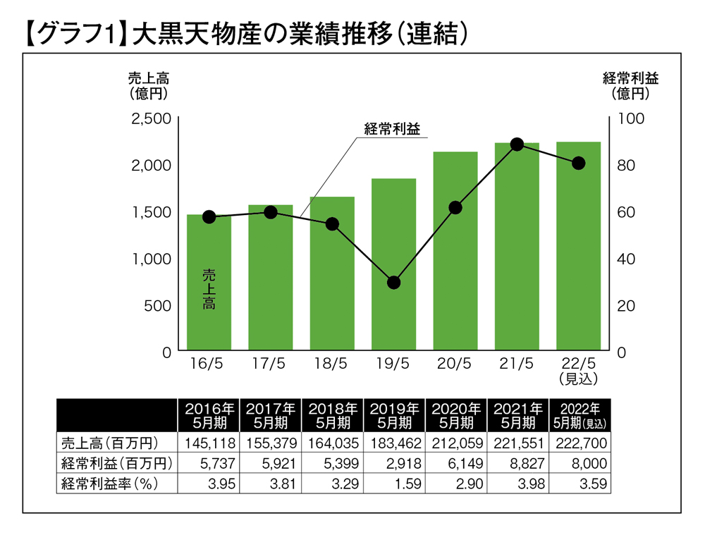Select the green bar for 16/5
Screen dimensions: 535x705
tap(209, 282)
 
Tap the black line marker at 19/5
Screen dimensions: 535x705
tap(393, 283)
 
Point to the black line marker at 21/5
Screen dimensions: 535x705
tap(517, 144)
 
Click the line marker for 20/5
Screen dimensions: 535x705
tap(455, 207)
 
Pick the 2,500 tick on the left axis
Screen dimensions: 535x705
tap(151, 118)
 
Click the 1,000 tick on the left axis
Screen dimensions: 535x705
tap(151, 259)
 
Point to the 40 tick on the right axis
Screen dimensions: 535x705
tap(627, 259)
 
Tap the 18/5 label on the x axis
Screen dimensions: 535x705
tap(331, 364)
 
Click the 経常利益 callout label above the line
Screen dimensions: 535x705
tap(391, 129)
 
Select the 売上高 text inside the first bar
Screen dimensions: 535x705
tap(209, 289)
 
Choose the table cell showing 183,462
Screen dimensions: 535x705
tap(393, 443)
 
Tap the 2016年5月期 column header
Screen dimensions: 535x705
tap(209, 415)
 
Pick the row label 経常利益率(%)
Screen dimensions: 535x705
tap(109, 484)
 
